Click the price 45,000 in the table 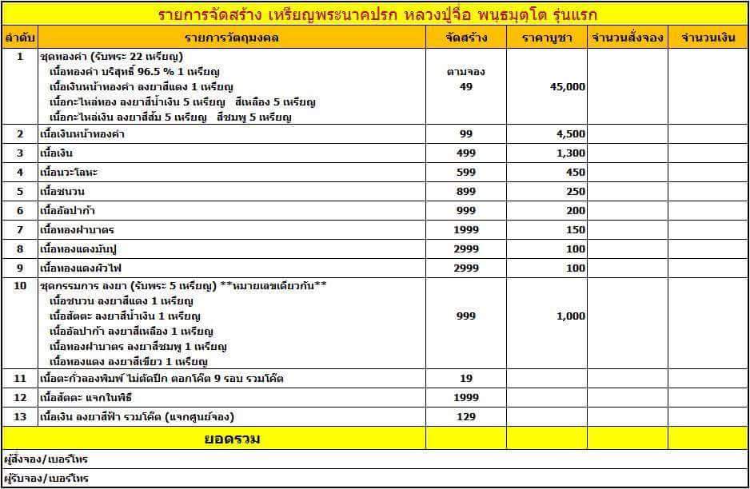click(568, 87)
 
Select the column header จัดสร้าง click(466, 38)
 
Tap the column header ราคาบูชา click(546, 38)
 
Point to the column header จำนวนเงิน click(708, 38)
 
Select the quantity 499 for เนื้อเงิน click(467, 153)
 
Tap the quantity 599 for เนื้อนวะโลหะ click(467, 172)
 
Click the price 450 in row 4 click(575, 172)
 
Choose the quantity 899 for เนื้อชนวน click(467, 191)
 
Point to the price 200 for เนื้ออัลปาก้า click(575, 210)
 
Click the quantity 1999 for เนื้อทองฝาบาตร click(467, 229)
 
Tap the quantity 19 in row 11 click(467, 378)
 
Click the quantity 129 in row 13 click(467, 416)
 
